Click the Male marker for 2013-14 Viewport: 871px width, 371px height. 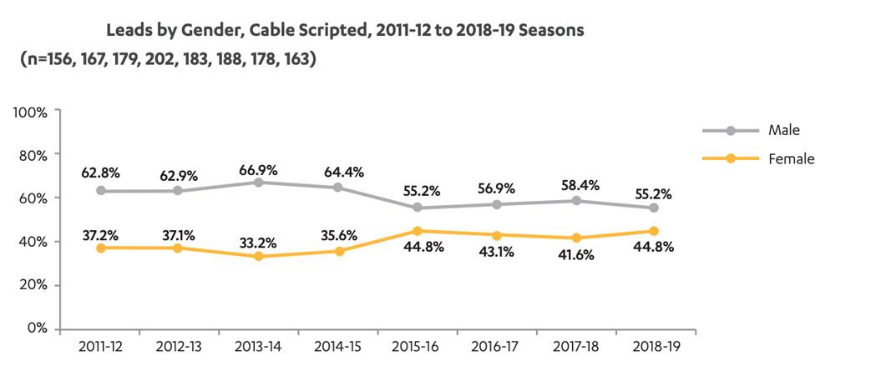click(x=259, y=182)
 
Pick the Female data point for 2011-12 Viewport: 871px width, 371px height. click(x=100, y=248)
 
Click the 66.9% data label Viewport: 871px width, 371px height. click(x=259, y=170)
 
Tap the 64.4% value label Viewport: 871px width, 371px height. click(x=338, y=173)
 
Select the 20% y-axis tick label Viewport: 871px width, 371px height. click(x=34, y=285)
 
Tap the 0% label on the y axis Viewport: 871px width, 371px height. click(x=38, y=328)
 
